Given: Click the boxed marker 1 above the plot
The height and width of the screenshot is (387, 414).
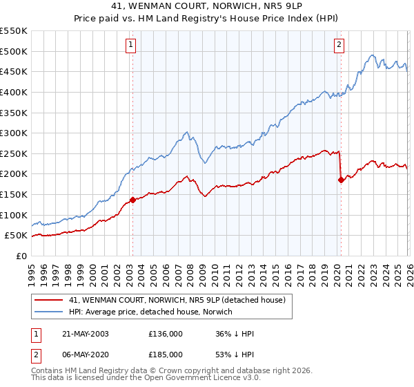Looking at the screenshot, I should tap(131, 46).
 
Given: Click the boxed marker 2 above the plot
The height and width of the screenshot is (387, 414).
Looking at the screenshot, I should tap(339, 46).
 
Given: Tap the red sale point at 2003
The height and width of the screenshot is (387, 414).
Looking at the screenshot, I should tap(132, 200).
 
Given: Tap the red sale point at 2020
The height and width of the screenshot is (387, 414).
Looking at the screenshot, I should tap(341, 180).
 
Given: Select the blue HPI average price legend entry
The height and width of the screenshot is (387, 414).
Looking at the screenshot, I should tap(150, 312).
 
